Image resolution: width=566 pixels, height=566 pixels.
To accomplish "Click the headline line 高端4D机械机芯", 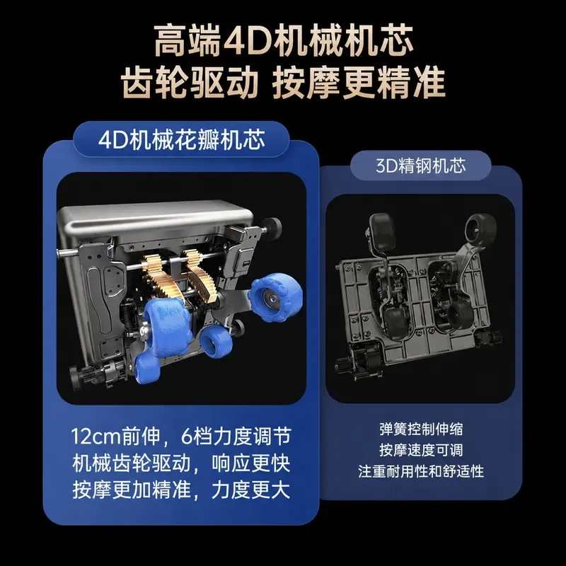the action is click(284, 40).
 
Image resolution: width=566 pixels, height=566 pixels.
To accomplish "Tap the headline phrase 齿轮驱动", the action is click(190, 83).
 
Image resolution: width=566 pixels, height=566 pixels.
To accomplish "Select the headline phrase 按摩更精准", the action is click(359, 83).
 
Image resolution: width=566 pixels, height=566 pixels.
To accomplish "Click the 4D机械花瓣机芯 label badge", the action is click(181, 139).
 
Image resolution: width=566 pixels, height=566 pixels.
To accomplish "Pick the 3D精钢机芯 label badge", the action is click(420, 166).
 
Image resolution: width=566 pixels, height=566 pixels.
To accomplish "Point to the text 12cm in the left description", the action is click(96, 437).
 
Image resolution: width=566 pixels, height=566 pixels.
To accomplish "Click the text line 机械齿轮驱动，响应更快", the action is click(181, 463).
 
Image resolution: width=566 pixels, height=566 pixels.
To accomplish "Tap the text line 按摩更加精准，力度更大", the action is click(181, 490).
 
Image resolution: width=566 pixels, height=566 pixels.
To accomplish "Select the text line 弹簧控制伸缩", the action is click(421, 429).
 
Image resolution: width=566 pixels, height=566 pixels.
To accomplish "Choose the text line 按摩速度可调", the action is click(421, 450).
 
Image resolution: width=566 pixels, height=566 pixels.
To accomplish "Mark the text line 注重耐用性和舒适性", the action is click(421, 471).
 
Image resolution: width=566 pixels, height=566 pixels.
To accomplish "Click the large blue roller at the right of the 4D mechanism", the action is click(273, 298).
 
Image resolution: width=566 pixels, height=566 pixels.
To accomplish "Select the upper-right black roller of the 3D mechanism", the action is click(480, 228).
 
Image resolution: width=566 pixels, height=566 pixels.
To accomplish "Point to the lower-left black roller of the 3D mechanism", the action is click(396, 320).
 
